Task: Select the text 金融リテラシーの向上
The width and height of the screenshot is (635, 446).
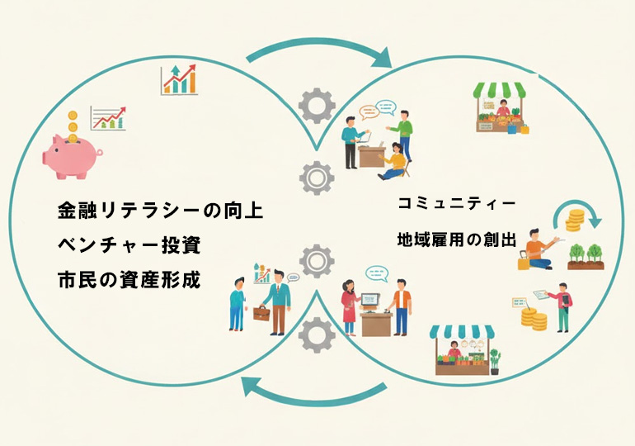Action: pyautogui.click(x=160, y=211)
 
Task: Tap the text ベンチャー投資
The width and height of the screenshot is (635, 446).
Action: pyautogui.click(x=129, y=244)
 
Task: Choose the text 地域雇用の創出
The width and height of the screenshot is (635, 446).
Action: pyautogui.click(x=456, y=240)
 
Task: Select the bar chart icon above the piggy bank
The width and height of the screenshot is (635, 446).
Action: pyautogui.click(x=181, y=80)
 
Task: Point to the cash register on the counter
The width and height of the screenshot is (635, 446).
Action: pyautogui.click(x=370, y=298)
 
